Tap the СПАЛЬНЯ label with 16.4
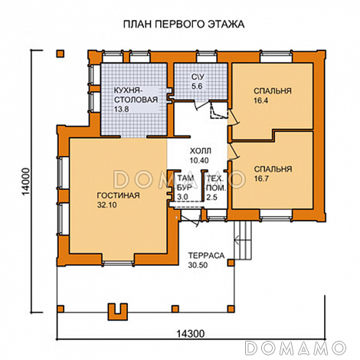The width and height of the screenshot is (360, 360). pyautogui.click(x=273, y=91)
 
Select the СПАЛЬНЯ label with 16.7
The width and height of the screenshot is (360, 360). pyautogui.click(x=273, y=168)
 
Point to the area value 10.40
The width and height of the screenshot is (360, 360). pyautogui.click(x=198, y=162)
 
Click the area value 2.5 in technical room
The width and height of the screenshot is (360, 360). pyautogui.click(x=212, y=198)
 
